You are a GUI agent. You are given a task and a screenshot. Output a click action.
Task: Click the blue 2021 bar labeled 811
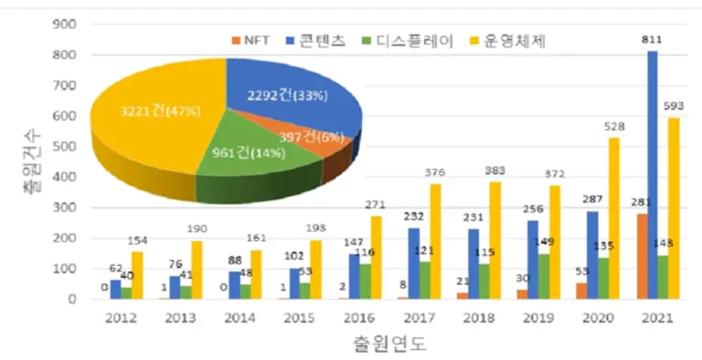click(x=652, y=174)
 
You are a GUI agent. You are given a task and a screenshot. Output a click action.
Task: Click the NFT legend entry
click(x=252, y=40)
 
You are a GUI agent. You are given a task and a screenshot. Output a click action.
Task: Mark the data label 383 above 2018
click(x=494, y=173)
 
